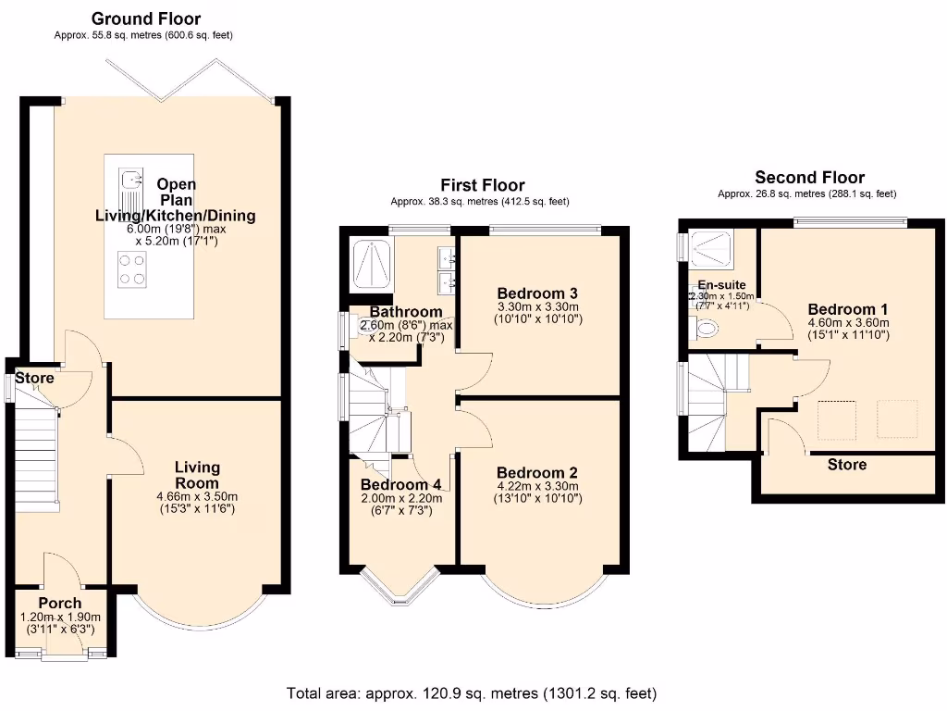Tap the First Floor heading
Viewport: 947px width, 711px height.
[482, 185]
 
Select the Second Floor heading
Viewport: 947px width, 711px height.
[809, 178]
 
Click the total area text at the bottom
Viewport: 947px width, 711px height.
[472, 692]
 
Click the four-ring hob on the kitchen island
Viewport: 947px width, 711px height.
[131, 268]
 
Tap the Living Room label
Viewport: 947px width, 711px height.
[197, 475]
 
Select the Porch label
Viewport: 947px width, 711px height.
[59, 603]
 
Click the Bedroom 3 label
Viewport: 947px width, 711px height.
[537, 292]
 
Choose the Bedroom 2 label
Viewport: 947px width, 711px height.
[537, 470]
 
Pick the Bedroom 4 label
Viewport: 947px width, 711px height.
[400, 484]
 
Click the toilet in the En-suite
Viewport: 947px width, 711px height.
[707, 328]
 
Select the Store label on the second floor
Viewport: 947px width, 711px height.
[846, 464]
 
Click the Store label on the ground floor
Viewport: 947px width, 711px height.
[34, 378]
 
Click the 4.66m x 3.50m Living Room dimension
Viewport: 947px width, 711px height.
[197, 495]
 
